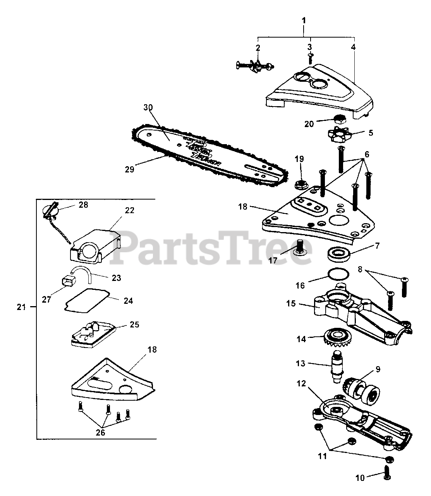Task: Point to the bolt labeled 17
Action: [299, 247]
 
